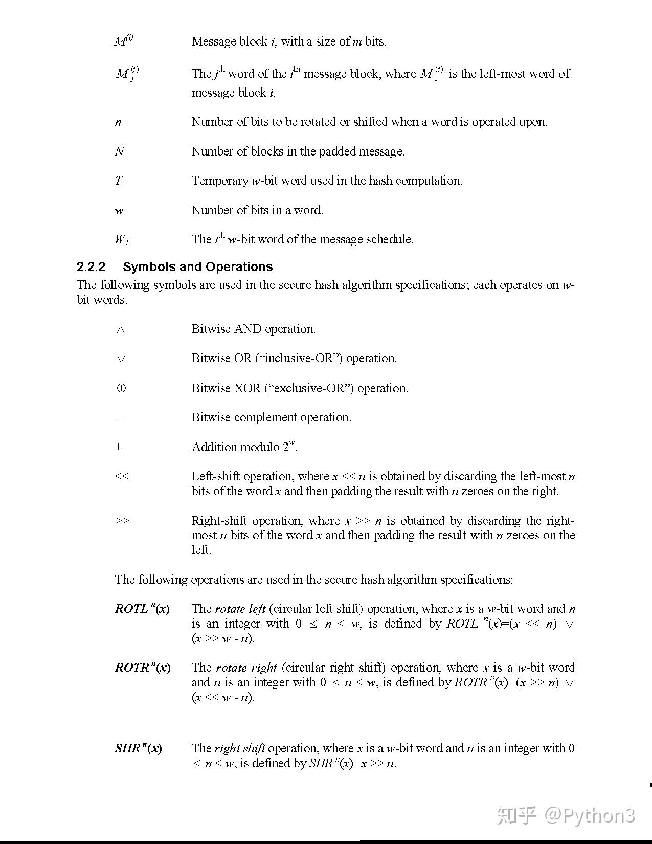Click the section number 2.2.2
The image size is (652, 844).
pos(91,267)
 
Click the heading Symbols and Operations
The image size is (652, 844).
pos(197,267)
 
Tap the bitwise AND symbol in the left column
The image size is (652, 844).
pos(121,330)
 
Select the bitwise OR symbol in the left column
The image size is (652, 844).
pos(121,359)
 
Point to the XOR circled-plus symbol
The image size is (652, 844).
pos(121,388)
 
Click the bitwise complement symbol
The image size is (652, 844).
pos(121,419)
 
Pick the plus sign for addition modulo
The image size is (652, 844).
pos(119,447)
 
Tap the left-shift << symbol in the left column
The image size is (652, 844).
pos(122,476)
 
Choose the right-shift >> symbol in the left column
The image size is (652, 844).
pos(122,521)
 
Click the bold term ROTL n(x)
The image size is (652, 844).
pos(142,609)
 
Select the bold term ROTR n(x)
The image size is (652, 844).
pos(143,668)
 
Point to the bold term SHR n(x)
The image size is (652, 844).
pos(138,748)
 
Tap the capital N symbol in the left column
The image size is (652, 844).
pos(120,151)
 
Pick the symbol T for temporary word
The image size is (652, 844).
pos(119,181)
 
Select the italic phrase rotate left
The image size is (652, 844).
pos(240,609)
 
